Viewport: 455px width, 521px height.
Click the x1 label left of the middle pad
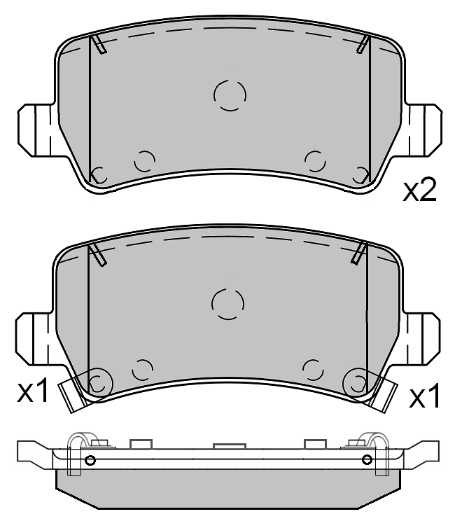tap(32, 390)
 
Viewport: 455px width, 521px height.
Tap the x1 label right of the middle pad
tap(424, 396)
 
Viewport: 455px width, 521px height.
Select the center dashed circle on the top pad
tap(230, 95)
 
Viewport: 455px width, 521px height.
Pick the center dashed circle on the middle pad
tap(227, 304)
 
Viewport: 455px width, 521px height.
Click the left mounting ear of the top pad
tap(36, 130)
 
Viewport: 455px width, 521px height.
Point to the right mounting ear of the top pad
tap(424, 130)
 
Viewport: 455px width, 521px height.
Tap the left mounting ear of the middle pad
tap(34, 339)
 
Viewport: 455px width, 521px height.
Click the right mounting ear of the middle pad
tap(422, 339)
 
